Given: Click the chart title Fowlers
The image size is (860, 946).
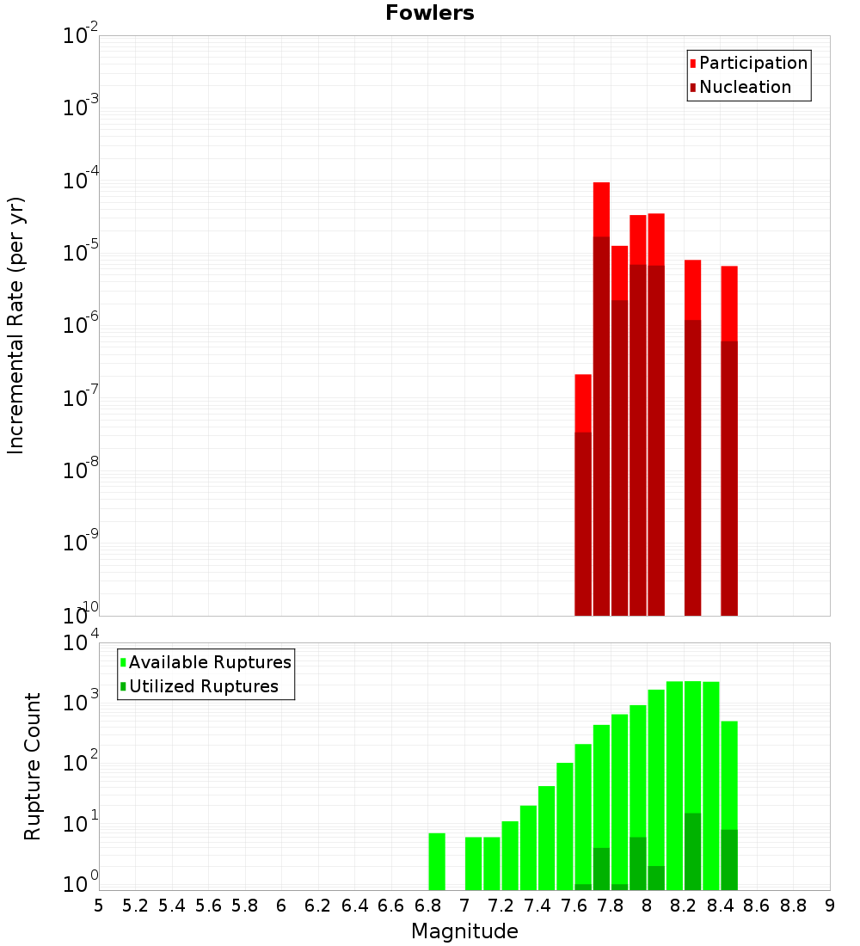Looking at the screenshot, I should [429, 13].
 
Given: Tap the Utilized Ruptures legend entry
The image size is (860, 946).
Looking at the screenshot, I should [203, 686].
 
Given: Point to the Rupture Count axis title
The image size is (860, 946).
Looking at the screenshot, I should [33, 766].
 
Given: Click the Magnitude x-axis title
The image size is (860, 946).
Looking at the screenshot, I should [464, 931].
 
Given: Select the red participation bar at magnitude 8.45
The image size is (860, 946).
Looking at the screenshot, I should [729, 301].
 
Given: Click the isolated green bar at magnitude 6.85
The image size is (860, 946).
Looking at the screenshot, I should [437, 861].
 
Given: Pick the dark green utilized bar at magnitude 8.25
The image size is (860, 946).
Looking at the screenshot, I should [692, 851].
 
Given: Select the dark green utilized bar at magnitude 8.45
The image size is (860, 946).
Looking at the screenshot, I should [729, 859].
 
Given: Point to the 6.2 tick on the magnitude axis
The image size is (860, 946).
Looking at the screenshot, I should [318, 906].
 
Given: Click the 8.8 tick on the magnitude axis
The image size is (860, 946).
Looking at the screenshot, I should [793, 906].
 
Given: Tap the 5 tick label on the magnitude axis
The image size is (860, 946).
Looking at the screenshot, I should [99, 906].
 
